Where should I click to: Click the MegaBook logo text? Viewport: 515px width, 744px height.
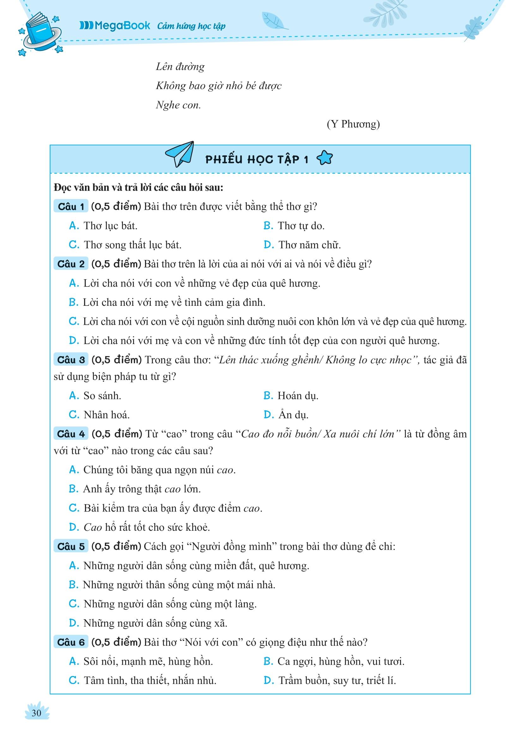click(x=115, y=26)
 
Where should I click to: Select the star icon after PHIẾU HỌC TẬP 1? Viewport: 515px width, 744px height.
click(x=324, y=158)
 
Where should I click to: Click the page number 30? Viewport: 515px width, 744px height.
click(x=36, y=712)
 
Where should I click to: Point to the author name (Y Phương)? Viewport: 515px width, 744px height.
click(x=353, y=124)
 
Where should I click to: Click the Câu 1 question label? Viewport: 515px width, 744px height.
click(x=71, y=207)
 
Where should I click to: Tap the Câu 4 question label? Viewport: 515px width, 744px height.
click(x=71, y=434)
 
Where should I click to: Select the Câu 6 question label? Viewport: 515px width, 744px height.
click(x=71, y=642)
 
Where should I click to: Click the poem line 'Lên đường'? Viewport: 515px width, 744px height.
click(x=180, y=67)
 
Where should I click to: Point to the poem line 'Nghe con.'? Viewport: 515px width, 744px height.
click(x=178, y=105)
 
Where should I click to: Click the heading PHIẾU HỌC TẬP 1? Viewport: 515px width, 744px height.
click(x=257, y=159)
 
